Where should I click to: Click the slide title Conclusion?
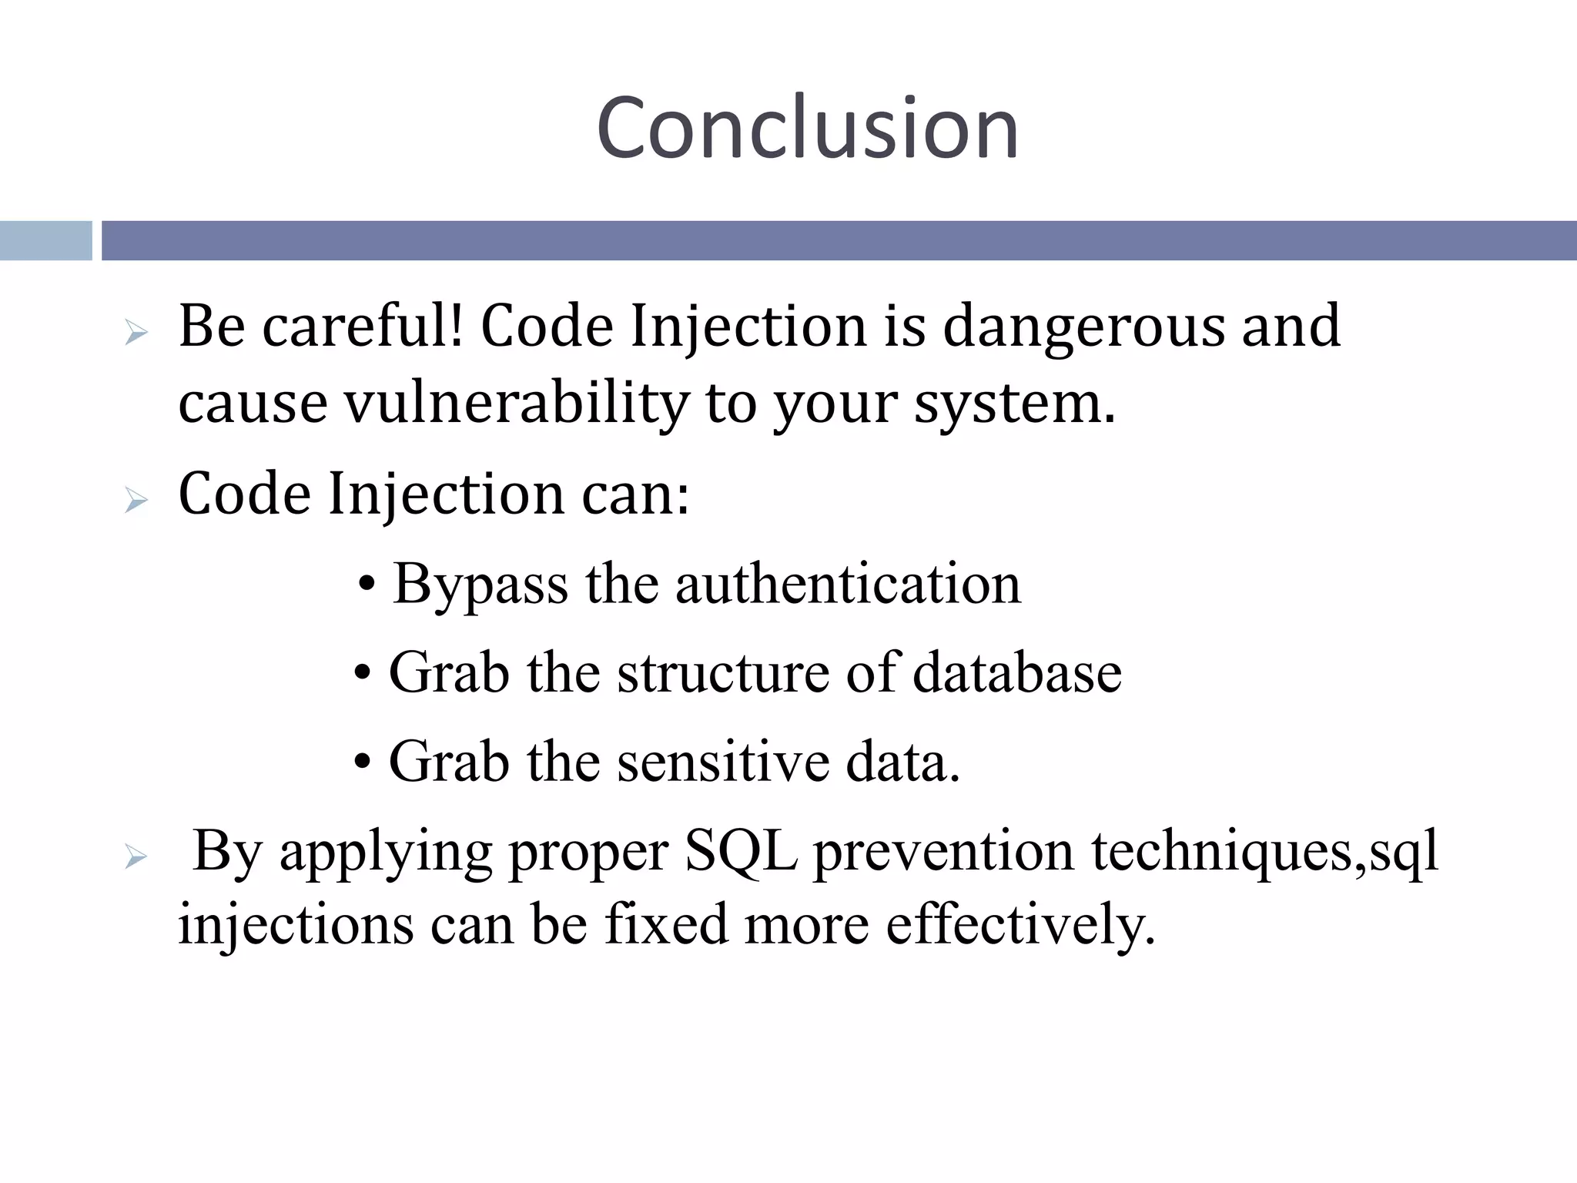pos(807,128)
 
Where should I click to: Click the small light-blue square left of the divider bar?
pos(45,240)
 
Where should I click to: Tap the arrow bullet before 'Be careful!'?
pos(136,333)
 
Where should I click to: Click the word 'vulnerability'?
pos(516,404)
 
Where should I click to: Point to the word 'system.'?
pos(1014,404)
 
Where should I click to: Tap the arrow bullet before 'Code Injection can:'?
pos(136,501)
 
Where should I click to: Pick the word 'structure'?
pos(723,673)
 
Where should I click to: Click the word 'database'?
pos(1017,673)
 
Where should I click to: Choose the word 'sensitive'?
pos(723,762)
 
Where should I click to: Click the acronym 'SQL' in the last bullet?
pos(741,851)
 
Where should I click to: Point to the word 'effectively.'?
pos(1020,924)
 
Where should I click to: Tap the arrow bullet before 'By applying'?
pos(136,856)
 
